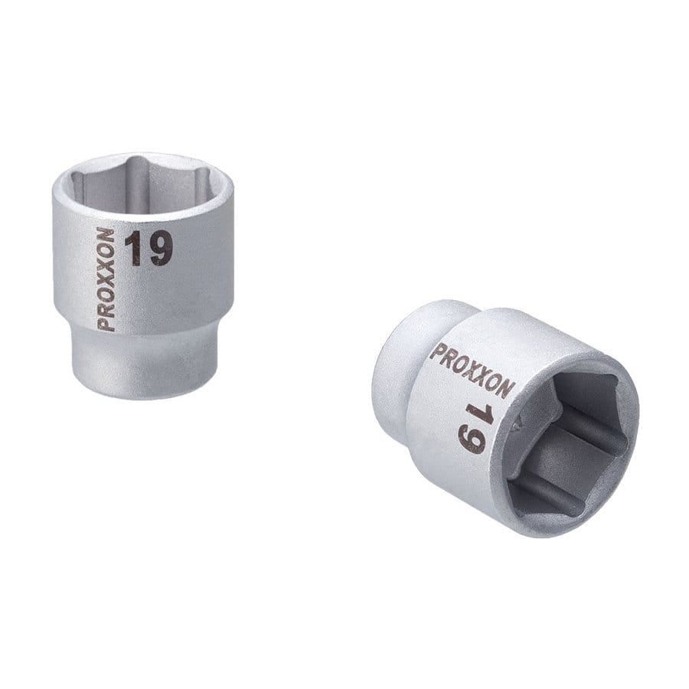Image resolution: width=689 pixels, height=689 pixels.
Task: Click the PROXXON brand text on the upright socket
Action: pyautogui.click(x=106, y=279)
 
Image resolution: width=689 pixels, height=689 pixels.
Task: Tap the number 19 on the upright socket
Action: pyautogui.click(x=149, y=249)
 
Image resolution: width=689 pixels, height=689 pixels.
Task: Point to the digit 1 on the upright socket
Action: pyautogui.click(x=135, y=249)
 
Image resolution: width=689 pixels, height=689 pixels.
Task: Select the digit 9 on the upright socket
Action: pyautogui.click(x=159, y=249)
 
